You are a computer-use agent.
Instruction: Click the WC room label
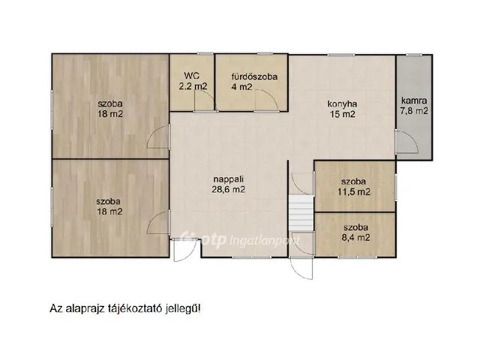(x=192, y=75)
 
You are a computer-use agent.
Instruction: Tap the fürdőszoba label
(x=254, y=76)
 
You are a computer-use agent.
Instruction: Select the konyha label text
(x=342, y=103)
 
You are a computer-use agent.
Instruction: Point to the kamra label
(x=414, y=100)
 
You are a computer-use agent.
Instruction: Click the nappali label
(x=228, y=179)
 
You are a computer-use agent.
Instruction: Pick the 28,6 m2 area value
(x=228, y=190)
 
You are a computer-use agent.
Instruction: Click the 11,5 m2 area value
(x=354, y=192)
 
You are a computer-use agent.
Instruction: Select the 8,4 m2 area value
(x=356, y=237)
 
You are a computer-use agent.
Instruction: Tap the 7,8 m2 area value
(x=414, y=111)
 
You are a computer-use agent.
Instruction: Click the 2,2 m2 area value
(x=193, y=86)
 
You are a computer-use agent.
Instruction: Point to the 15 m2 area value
(x=342, y=114)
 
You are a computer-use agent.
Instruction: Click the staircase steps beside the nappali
(x=301, y=214)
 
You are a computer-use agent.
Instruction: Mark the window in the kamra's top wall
(x=414, y=55)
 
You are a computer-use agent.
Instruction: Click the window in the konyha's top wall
(x=341, y=55)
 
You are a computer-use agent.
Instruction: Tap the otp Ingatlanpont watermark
(x=241, y=239)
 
